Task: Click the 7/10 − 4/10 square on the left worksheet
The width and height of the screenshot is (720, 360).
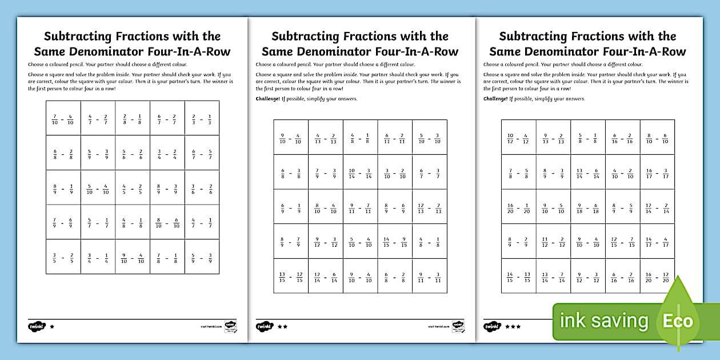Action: tap(63, 118)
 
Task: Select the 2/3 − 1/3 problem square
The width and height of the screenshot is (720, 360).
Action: tap(201, 118)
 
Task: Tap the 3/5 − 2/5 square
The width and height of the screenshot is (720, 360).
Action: tap(63, 257)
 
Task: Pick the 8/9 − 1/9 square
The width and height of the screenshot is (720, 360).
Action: tap(63, 187)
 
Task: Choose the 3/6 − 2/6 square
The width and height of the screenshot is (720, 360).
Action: tap(201, 187)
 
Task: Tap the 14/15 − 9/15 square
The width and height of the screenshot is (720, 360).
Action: tap(394, 241)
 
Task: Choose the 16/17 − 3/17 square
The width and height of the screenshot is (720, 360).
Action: tap(657, 172)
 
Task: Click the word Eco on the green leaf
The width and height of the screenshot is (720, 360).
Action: tap(677, 321)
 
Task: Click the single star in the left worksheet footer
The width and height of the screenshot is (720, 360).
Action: tap(52, 326)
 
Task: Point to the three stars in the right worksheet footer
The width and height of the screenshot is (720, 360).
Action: tap(513, 326)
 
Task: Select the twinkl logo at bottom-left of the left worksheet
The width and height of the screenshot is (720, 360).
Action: tap(37, 326)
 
